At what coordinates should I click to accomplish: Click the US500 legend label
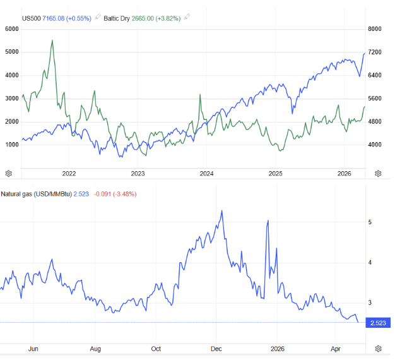click(31, 18)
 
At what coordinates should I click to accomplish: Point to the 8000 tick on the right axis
click(375, 29)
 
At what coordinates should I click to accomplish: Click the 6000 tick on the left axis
click(11, 29)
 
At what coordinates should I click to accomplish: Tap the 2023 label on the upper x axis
click(138, 173)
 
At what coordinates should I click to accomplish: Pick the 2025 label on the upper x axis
click(275, 173)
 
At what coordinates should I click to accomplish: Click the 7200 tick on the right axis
click(375, 52)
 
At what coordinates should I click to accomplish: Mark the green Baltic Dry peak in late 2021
click(52, 40)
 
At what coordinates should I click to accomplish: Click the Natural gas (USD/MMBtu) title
click(36, 194)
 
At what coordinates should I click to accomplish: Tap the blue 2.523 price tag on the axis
click(378, 323)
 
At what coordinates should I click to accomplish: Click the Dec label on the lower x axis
click(216, 348)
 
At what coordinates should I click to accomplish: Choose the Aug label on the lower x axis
click(95, 348)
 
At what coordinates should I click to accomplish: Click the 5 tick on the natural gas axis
click(372, 222)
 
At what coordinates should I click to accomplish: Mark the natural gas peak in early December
click(221, 211)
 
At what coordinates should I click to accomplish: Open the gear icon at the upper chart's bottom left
click(9, 173)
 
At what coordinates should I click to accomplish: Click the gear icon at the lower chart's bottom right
click(378, 348)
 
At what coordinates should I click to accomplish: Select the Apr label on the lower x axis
click(336, 348)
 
